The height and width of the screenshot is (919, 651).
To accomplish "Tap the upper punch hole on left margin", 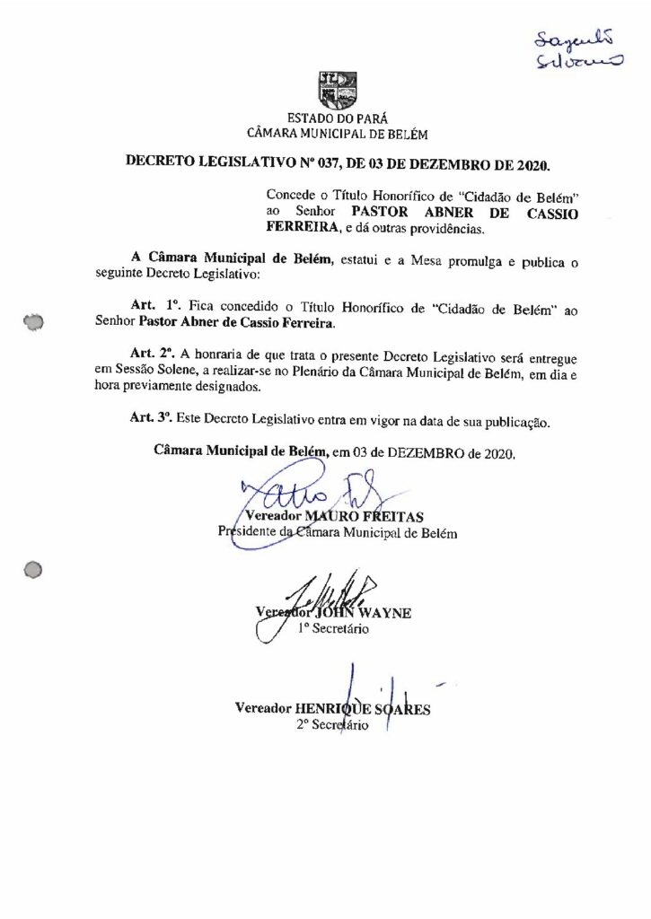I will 35,320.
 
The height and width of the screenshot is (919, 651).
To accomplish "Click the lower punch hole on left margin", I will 34,569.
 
